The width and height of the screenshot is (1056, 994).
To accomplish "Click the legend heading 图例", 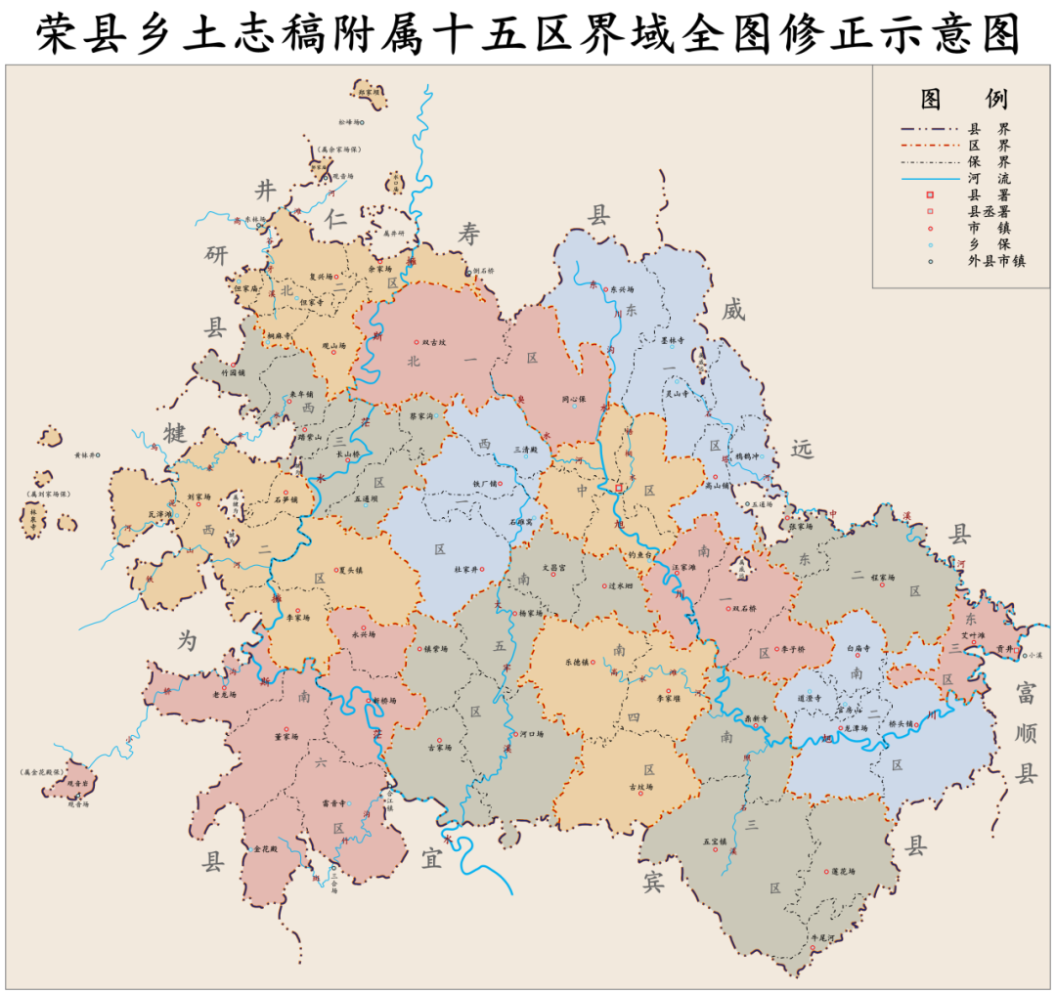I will coord(963,99).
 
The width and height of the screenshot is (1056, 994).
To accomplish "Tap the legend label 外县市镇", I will coord(996,261).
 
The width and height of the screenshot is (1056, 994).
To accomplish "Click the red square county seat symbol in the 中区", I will coord(619,486).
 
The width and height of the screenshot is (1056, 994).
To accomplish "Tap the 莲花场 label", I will coord(840,871).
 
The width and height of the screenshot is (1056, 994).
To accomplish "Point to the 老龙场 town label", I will coord(225,695).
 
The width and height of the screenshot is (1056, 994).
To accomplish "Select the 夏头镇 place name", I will coord(349,570).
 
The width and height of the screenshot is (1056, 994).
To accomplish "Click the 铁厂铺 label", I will coord(486,483).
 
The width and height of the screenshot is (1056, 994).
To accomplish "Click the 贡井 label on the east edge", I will coord(1002,648).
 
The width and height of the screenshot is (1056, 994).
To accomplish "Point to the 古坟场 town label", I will coord(641,787).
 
